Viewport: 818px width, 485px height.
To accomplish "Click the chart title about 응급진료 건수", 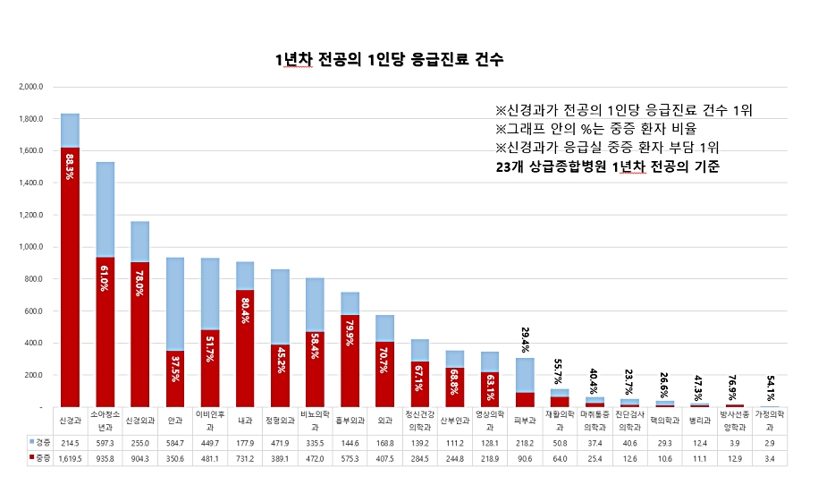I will (x=390, y=60).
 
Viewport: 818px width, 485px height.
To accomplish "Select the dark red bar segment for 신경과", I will (x=70, y=277).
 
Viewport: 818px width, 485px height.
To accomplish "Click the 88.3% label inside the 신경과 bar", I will (x=70, y=167).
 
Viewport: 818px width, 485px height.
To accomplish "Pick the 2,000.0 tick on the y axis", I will (x=30, y=87).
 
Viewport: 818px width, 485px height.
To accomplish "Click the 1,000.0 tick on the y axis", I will (x=30, y=247).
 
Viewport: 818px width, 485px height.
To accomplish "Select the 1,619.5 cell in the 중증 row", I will (x=70, y=458).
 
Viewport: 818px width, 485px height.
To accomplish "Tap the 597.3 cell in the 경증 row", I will (x=105, y=442).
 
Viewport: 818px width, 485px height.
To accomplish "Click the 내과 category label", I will (x=245, y=419).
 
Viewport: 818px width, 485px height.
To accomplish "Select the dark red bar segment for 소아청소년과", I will (x=105, y=331).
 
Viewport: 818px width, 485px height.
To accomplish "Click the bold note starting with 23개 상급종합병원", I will (x=608, y=166).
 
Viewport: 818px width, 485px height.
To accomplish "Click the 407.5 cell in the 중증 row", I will (x=384, y=458).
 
